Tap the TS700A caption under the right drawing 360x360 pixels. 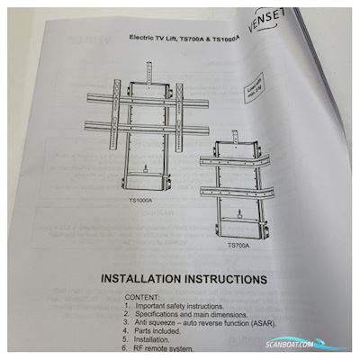238,244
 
